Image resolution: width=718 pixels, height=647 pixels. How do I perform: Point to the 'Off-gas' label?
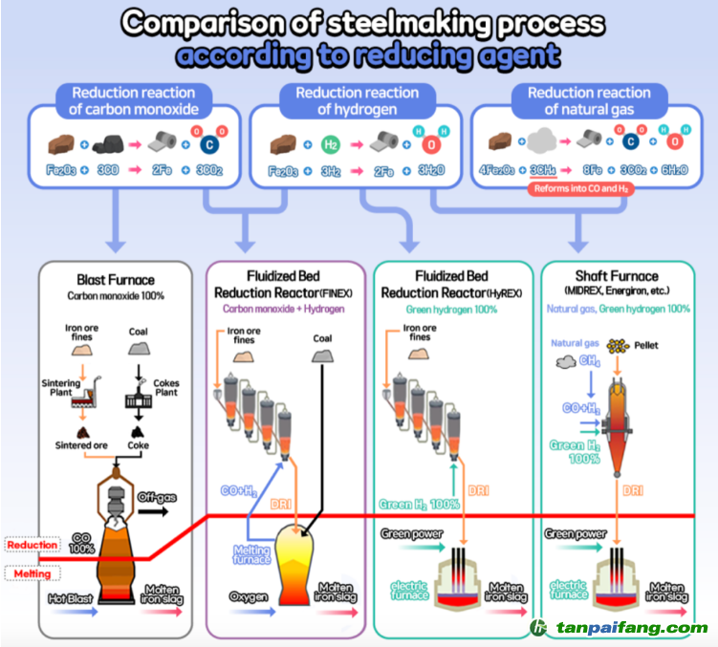click(x=157, y=498)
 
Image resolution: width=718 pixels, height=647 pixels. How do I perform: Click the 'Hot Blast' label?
click(x=70, y=600)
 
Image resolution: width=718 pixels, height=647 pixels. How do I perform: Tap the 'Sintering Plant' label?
click(x=60, y=388)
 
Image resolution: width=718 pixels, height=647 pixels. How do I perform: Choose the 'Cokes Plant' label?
click(x=166, y=388)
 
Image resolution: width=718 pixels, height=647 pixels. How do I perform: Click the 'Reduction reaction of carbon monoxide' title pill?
click(x=134, y=100)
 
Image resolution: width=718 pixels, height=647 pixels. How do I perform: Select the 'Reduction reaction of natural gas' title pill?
click(x=588, y=100)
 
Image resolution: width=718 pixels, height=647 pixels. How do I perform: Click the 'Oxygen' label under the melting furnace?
click(x=249, y=596)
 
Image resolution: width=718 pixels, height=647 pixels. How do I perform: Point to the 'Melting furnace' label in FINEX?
click(x=252, y=555)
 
